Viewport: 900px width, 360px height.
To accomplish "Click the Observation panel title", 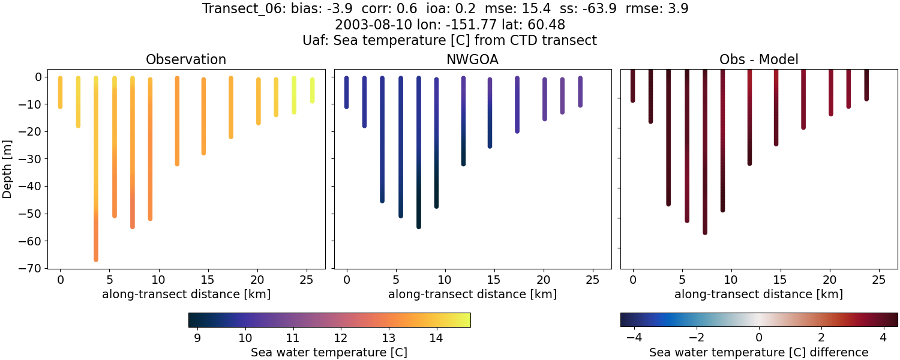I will click(x=186, y=60).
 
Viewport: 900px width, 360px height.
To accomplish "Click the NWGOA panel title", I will click(x=472, y=60).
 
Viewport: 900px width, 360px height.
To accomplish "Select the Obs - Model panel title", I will click(x=758, y=60).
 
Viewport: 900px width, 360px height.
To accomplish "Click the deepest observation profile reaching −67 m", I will click(x=95, y=180).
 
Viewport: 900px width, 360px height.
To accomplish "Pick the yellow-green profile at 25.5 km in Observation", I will click(x=312, y=90).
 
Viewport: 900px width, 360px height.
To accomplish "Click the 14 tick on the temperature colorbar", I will click(x=436, y=338).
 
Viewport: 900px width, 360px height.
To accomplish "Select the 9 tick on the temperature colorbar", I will click(x=197, y=338).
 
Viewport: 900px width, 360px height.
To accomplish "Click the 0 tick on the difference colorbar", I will click(x=759, y=338).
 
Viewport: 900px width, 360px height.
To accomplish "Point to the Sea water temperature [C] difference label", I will click(x=758, y=352).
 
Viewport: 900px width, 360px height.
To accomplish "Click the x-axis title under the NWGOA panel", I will click(x=472, y=295).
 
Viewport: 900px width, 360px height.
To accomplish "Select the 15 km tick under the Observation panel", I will click(x=208, y=279).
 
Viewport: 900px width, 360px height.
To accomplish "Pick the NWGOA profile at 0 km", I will click(x=346, y=93).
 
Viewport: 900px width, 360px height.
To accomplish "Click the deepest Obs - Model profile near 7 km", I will click(x=705, y=156).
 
